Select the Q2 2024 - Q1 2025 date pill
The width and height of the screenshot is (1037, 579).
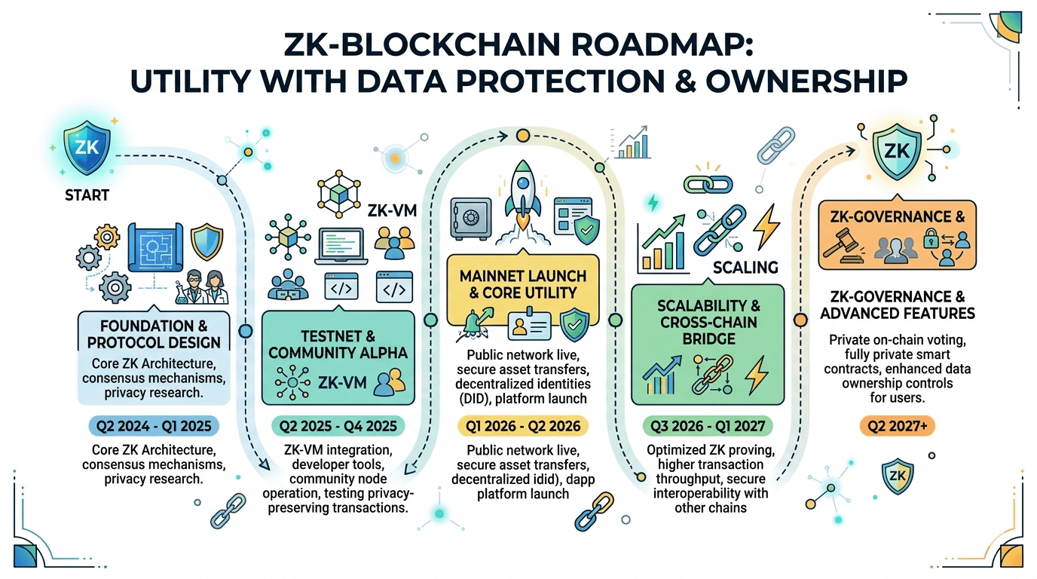click(154, 426)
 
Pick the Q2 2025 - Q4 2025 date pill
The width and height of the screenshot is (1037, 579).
click(338, 426)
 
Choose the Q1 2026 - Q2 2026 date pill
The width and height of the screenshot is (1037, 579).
click(521, 426)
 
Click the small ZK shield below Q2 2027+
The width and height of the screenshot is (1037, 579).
click(897, 476)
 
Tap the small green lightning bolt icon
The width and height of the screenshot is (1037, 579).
click(653, 203)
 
